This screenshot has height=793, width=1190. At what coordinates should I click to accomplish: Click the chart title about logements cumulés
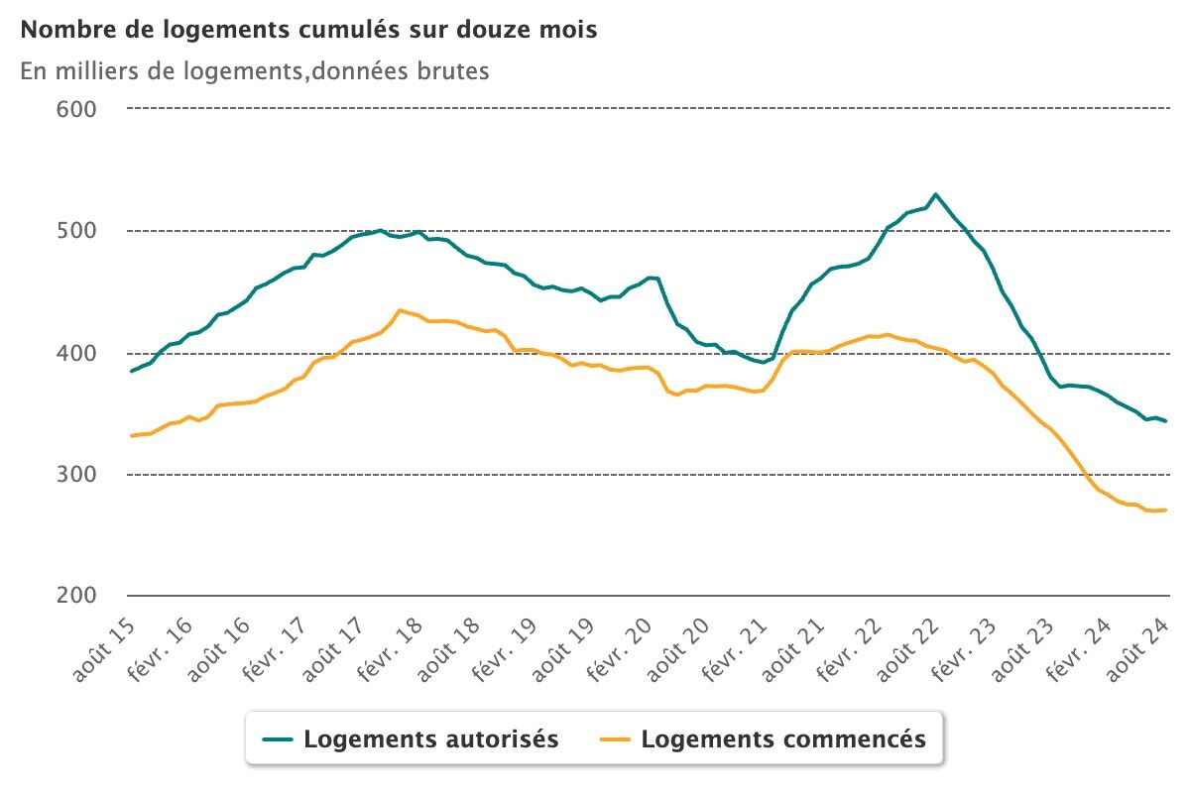coord(308,30)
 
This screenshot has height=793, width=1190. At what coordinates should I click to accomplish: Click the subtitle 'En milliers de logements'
coord(254,71)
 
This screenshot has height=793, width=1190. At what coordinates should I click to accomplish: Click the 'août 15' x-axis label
coord(104,645)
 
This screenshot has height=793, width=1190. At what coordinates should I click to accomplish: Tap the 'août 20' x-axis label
coord(678,645)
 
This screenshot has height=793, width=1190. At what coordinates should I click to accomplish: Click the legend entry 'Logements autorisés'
coord(431,739)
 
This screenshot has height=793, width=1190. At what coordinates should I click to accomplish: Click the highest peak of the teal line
coord(935,194)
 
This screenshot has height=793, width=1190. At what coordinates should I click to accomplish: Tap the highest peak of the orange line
coord(400,310)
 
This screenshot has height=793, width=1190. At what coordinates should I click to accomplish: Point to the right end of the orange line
coord(1165,510)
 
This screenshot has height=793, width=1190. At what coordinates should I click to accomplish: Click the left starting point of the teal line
coord(131,372)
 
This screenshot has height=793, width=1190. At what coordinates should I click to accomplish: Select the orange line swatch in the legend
coord(617,739)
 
